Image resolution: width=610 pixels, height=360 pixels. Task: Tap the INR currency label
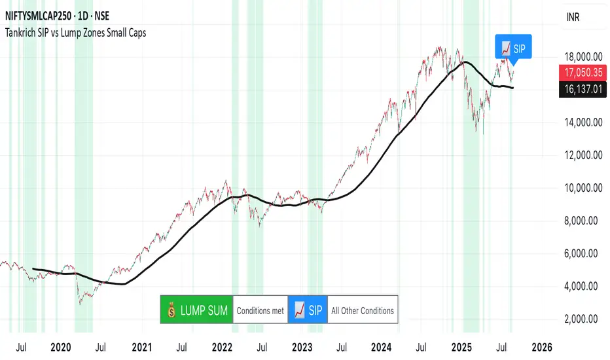click(572, 20)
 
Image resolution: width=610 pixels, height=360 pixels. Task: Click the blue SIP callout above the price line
click(514, 48)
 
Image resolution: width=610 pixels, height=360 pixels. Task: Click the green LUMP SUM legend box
click(196, 310)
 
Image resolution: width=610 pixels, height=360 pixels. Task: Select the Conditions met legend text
click(260, 310)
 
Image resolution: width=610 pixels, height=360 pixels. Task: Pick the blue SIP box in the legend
click(307, 310)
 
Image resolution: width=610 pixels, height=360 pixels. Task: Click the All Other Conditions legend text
click(363, 310)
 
